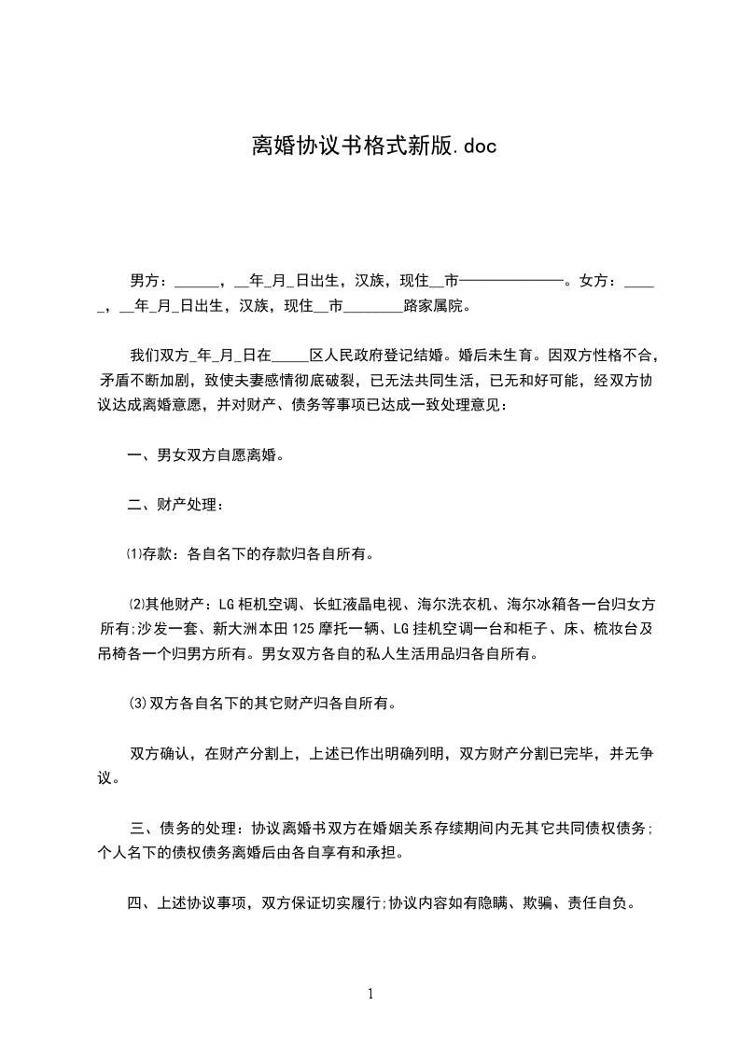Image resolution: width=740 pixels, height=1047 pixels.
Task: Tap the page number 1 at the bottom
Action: (x=370, y=995)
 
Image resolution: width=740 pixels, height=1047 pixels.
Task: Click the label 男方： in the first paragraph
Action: (x=150, y=280)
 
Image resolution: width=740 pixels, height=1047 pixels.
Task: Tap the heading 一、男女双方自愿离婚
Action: (x=205, y=455)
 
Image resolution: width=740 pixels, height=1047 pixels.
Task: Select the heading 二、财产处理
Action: (x=175, y=505)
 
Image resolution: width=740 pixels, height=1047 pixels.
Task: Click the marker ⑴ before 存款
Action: (x=133, y=554)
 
